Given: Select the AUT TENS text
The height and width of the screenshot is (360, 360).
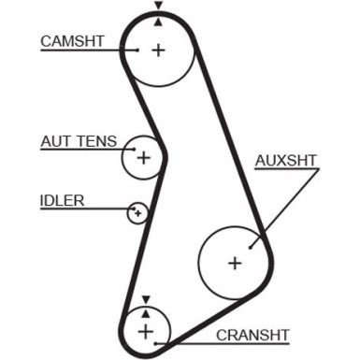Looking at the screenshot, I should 79,142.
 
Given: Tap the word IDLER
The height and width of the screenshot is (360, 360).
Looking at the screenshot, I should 62,199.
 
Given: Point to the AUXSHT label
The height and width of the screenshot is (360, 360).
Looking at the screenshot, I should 285,159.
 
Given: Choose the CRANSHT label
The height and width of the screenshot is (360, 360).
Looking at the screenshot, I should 252,334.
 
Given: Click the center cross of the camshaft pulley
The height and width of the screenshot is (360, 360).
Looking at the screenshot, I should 158,50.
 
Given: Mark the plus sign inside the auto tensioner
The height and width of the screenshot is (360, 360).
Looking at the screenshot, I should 143,158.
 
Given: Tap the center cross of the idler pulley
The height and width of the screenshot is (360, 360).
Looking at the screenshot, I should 138,213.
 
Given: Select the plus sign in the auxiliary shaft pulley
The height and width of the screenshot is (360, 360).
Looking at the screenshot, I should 234,263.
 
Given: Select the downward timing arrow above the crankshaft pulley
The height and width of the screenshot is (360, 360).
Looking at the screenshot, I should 145,299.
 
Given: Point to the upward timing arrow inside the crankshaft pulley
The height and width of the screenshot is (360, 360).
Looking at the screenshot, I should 145,311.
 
